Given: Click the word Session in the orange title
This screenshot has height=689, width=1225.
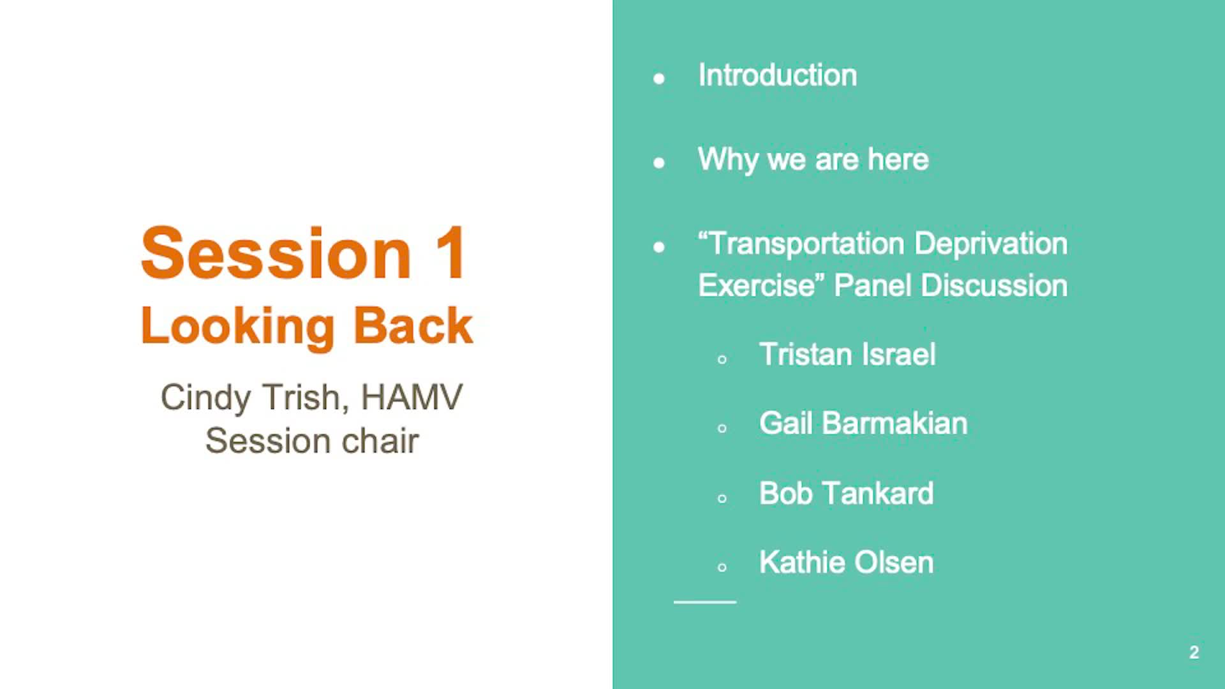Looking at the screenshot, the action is click(x=276, y=253).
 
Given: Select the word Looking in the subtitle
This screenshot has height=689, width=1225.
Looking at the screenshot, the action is click(x=238, y=327).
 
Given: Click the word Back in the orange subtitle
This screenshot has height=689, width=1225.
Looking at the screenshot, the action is click(x=413, y=325).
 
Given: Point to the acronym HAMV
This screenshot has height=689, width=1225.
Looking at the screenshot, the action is click(x=412, y=397).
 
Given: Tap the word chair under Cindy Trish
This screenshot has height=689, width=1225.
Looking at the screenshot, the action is click(x=380, y=440).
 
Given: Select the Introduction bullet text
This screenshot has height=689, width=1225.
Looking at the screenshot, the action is click(x=778, y=75).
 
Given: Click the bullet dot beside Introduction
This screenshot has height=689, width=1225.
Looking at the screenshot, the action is click(x=659, y=78).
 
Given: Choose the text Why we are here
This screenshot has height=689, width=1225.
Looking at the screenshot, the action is click(x=813, y=160).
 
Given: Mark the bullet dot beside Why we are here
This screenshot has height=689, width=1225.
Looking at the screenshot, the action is click(x=659, y=163).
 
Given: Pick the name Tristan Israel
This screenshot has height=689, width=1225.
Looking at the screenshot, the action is click(x=847, y=354).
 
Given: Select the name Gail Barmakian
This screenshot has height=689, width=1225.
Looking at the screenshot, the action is click(x=863, y=423).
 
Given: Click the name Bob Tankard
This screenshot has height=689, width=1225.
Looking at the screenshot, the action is click(x=847, y=493).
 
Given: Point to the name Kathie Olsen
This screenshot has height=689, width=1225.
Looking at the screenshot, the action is click(x=847, y=562).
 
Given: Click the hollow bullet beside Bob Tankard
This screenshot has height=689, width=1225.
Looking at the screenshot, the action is click(x=722, y=498).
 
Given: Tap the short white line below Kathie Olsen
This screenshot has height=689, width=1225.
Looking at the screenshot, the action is click(x=705, y=602).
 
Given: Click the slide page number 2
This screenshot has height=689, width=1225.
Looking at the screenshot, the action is click(x=1194, y=652).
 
